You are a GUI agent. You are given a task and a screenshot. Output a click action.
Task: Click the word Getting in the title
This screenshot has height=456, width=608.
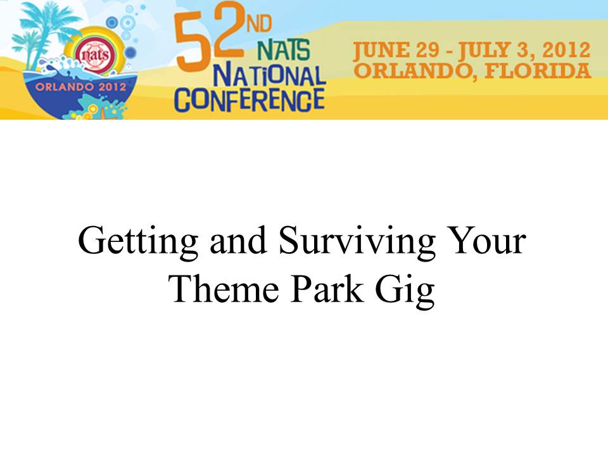coord(138,243)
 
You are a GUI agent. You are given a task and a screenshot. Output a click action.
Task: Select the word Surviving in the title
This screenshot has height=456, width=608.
coord(357,243)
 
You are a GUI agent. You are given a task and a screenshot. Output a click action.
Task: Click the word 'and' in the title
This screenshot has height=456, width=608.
coord(238,241)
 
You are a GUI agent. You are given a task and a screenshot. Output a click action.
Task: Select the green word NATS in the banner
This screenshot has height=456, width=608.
coord(284,50)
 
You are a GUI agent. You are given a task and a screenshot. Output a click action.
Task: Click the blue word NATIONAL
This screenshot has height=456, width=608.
coord(270,75)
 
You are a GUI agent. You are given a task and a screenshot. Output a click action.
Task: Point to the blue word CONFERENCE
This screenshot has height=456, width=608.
coord(250,99)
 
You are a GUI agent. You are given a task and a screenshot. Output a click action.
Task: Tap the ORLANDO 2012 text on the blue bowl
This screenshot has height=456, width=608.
coord(81,87)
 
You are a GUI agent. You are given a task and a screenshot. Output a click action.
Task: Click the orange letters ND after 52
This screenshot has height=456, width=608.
coord(259,24)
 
